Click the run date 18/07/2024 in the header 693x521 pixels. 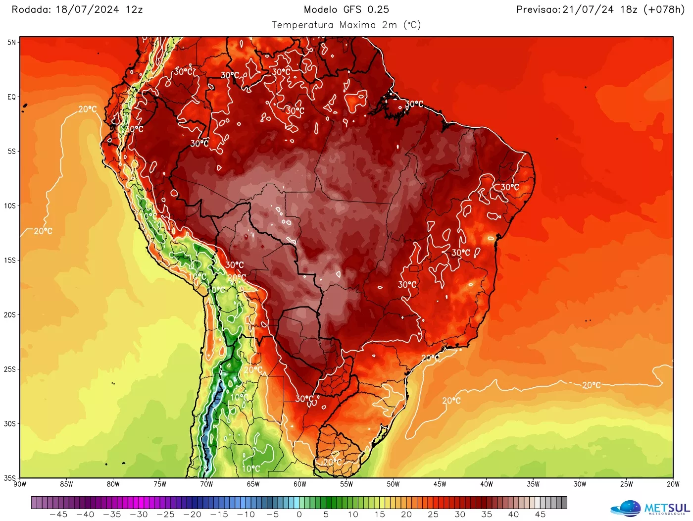[87, 9]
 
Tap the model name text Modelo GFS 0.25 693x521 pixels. [346, 9]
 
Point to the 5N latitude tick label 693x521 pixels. [11, 43]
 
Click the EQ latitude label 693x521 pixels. [11, 97]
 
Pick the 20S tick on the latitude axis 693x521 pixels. [10, 315]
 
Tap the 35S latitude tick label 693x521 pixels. [10, 478]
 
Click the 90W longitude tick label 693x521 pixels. [20, 484]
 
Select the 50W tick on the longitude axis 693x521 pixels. [393, 484]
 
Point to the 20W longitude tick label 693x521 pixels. [673, 484]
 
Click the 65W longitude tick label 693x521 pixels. [253, 484]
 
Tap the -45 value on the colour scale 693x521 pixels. [58, 515]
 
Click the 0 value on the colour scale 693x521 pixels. [299, 515]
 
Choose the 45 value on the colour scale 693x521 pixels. [540, 515]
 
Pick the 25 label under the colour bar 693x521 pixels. [433, 515]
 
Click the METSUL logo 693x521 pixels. [650, 509]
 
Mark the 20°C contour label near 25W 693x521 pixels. [591, 385]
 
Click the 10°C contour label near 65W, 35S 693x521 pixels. [251, 469]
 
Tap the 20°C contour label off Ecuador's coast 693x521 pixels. [88, 109]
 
